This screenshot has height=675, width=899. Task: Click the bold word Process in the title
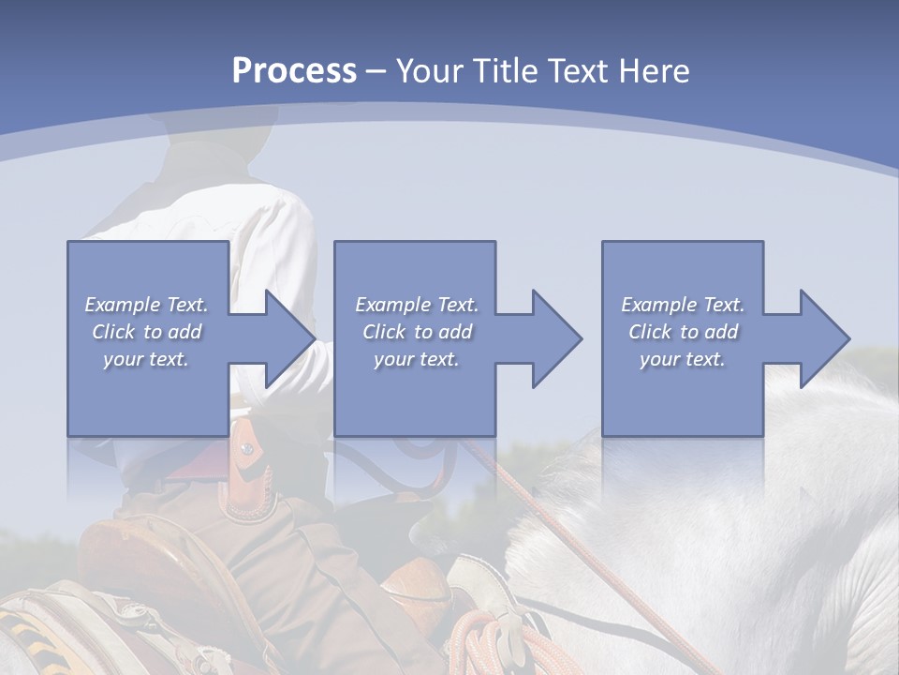click(x=294, y=71)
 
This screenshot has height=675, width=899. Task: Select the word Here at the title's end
click(x=653, y=71)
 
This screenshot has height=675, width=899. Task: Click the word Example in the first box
click(x=123, y=305)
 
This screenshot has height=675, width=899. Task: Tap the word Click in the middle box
click(x=383, y=332)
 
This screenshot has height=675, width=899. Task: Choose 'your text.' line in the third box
click(x=682, y=359)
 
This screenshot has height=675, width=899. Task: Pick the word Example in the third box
click(x=659, y=305)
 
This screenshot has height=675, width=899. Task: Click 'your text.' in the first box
click(x=146, y=359)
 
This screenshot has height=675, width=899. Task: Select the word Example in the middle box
click(x=393, y=305)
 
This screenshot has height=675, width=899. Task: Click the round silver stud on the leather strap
click(x=246, y=450)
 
